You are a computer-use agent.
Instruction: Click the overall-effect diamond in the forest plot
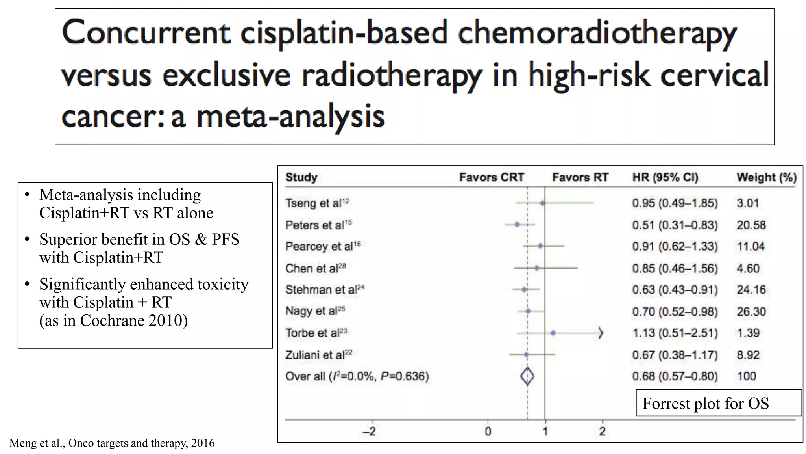point(527,376)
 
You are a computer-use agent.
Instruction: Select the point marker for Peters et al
point(517,225)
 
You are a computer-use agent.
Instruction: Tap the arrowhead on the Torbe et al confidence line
point(601,333)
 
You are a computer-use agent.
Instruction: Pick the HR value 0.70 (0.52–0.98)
point(675,312)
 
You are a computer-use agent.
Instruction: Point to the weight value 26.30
point(751,312)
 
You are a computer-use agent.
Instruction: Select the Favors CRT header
point(492,177)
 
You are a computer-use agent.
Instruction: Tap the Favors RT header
point(580,177)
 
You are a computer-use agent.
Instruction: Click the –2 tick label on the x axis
point(370,432)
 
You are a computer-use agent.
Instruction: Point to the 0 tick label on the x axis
point(488,432)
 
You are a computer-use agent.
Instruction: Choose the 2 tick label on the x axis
point(602,432)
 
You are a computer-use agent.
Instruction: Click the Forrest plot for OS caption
point(706,403)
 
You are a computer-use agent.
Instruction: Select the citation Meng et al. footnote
point(112,443)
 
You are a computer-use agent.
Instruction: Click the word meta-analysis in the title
point(290,117)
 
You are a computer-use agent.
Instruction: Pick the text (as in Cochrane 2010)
point(113,320)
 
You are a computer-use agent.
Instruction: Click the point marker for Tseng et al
point(543,203)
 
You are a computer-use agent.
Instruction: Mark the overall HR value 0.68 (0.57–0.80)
point(675,376)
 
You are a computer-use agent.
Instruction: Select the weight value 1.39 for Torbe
point(748,333)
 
